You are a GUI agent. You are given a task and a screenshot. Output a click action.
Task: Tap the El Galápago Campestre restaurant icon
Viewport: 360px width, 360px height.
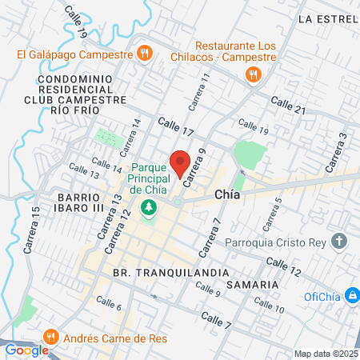pyautogui.click(x=144, y=54)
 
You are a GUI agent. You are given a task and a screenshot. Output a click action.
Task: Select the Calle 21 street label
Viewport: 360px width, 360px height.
pyautogui.click(x=288, y=104)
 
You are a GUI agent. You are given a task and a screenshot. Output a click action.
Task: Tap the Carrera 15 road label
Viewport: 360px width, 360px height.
pyautogui.click(x=33, y=230)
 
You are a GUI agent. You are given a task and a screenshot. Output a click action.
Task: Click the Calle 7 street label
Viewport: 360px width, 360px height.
pyautogui.click(x=216, y=324)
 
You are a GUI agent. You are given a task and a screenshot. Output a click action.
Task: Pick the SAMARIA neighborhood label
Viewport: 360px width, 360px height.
pyautogui.click(x=253, y=284)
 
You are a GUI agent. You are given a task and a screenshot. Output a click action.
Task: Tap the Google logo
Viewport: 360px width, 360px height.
pyautogui.click(x=26, y=350)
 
